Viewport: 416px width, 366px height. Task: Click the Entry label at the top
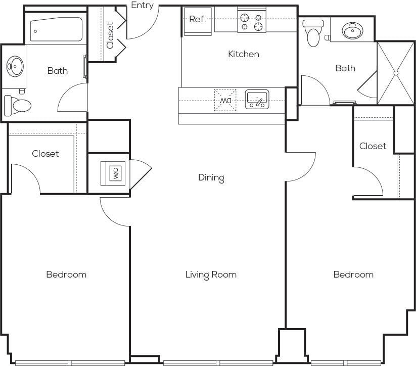[142, 6]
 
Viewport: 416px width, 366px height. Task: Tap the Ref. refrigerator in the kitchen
[197, 20]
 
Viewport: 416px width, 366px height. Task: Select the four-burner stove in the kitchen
[252, 21]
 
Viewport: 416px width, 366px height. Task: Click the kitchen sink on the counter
[257, 99]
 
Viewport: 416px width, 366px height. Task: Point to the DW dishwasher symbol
[225, 99]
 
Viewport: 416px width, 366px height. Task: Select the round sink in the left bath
[15, 66]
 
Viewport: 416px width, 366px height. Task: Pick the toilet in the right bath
[314, 33]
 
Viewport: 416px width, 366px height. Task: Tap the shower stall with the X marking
[396, 73]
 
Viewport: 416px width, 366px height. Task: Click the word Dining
[211, 177]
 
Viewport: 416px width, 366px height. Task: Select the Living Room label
[210, 274]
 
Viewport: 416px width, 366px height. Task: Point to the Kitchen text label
[243, 54]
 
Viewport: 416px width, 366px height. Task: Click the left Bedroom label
[66, 274]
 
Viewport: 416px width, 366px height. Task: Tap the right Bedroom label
[353, 274]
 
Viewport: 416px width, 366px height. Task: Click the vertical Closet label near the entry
[110, 35]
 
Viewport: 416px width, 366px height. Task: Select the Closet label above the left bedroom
[45, 154]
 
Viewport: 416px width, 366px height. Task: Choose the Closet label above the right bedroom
[373, 146]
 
